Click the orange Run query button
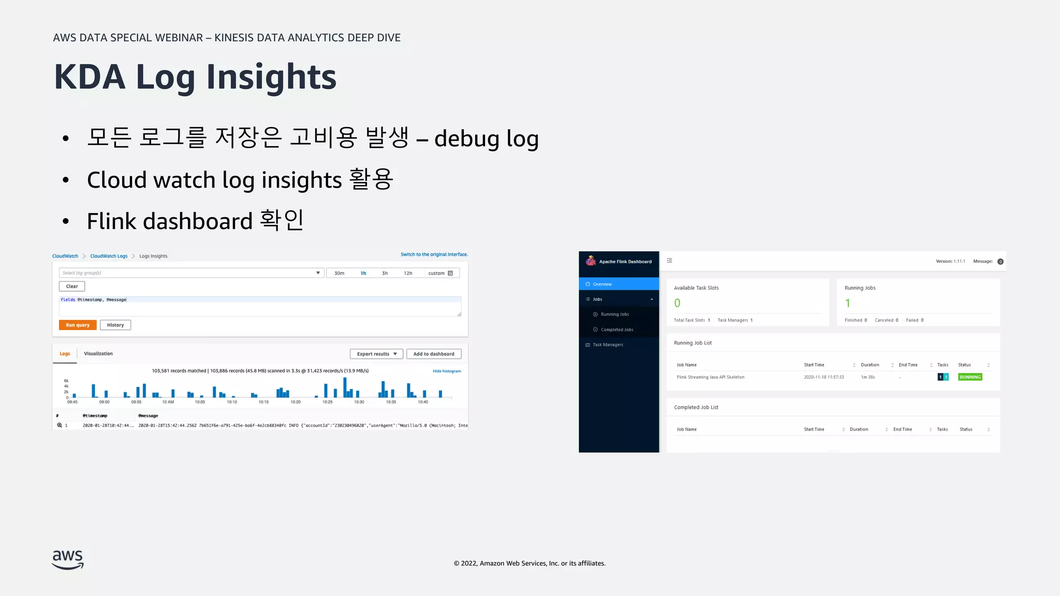pyautogui.click(x=78, y=325)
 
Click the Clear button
pyautogui.click(x=72, y=286)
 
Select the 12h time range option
pyautogui.click(x=408, y=273)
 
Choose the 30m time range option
pyautogui.click(x=339, y=273)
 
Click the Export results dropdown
pyautogui.click(x=376, y=354)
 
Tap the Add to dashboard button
pyautogui.click(x=434, y=354)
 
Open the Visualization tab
pyautogui.click(x=98, y=354)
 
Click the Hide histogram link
pyautogui.click(x=447, y=371)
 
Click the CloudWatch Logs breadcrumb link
pyautogui.click(x=109, y=256)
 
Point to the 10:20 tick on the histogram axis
pyautogui.click(x=296, y=401)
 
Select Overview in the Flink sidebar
pyautogui.click(x=602, y=284)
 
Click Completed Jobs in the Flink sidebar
pyautogui.click(x=617, y=330)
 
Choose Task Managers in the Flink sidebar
pyautogui.click(x=608, y=345)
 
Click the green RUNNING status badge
pyautogui.click(x=970, y=377)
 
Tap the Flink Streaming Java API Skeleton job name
pyautogui.click(x=710, y=377)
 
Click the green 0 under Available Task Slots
pyautogui.click(x=677, y=303)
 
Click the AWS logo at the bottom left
pyautogui.click(x=68, y=559)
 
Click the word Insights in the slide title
pyautogui.click(x=271, y=77)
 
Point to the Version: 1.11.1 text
pyautogui.click(x=950, y=261)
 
